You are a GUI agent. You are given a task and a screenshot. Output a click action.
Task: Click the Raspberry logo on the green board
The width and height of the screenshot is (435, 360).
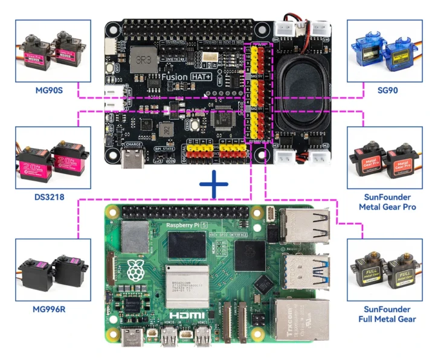[x=137, y=269]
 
